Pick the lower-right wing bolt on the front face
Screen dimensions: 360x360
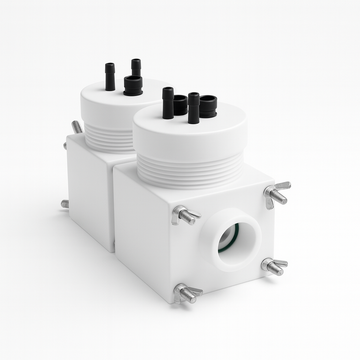(x=273, y=266)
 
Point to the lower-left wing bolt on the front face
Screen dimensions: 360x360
(x=185, y=293)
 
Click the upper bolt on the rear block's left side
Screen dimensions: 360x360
(x=76, y=128)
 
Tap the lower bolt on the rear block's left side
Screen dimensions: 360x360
(x=65, y=203)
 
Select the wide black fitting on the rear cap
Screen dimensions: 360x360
(x=133, y=88)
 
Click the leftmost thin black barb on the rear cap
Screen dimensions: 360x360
(x=110, y=75)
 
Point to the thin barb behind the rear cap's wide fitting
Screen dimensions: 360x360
(x=136, y=68)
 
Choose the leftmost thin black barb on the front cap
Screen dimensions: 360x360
(x=167, y=100)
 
